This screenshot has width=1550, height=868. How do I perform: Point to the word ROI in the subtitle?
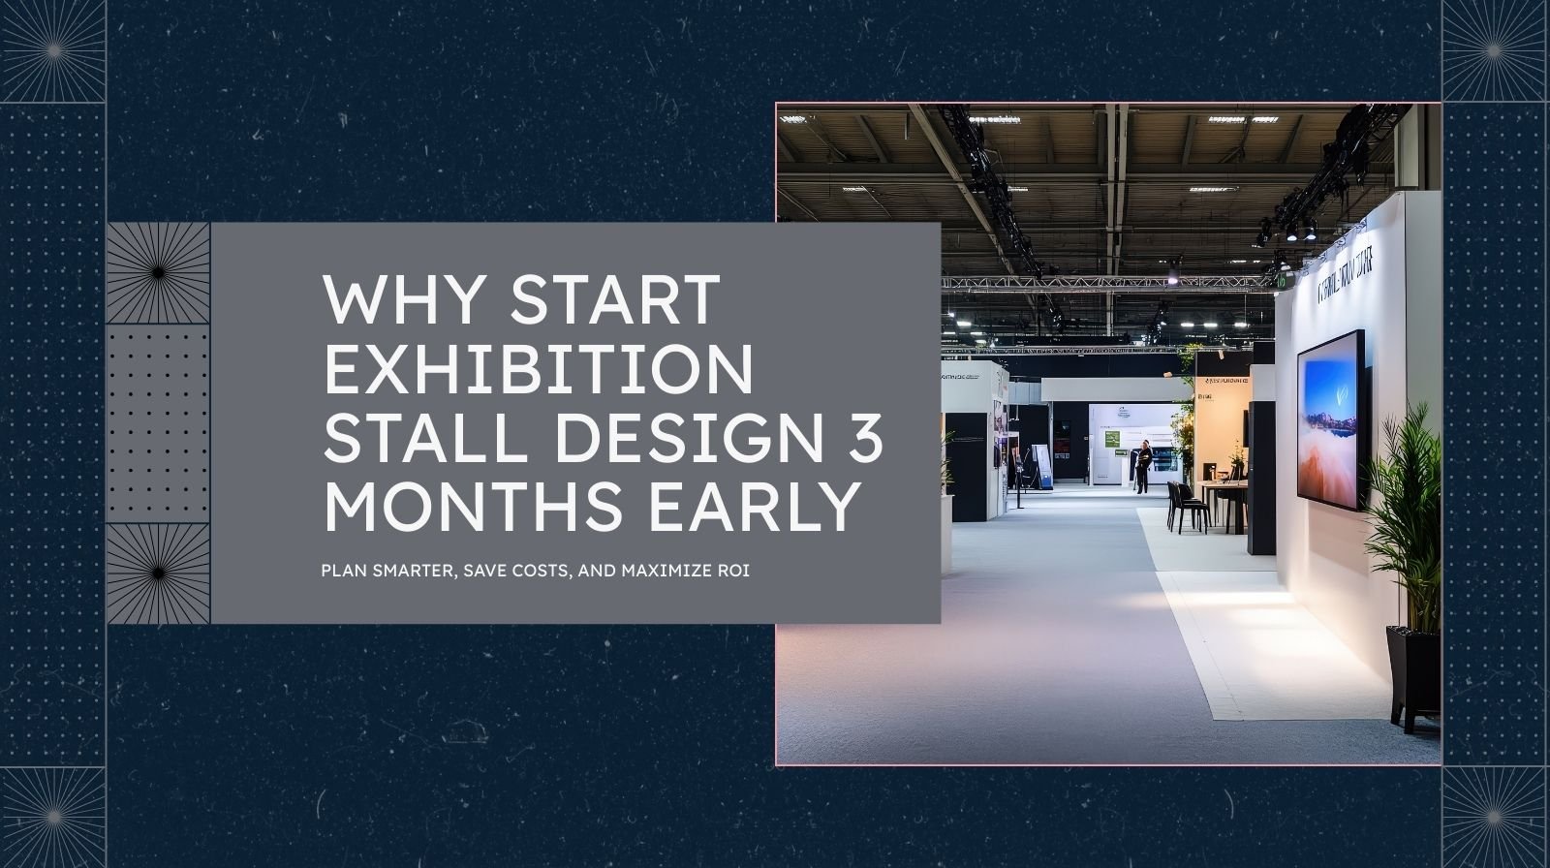pos(735,571)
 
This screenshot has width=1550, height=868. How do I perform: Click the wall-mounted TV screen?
pos(1332,418)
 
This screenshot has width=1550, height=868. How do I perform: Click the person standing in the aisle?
pos(1144,466)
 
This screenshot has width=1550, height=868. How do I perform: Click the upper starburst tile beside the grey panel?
pos(158,274)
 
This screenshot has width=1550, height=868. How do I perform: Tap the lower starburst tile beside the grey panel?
pos(158,573)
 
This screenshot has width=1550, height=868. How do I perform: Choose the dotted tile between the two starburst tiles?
pos(158,423)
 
